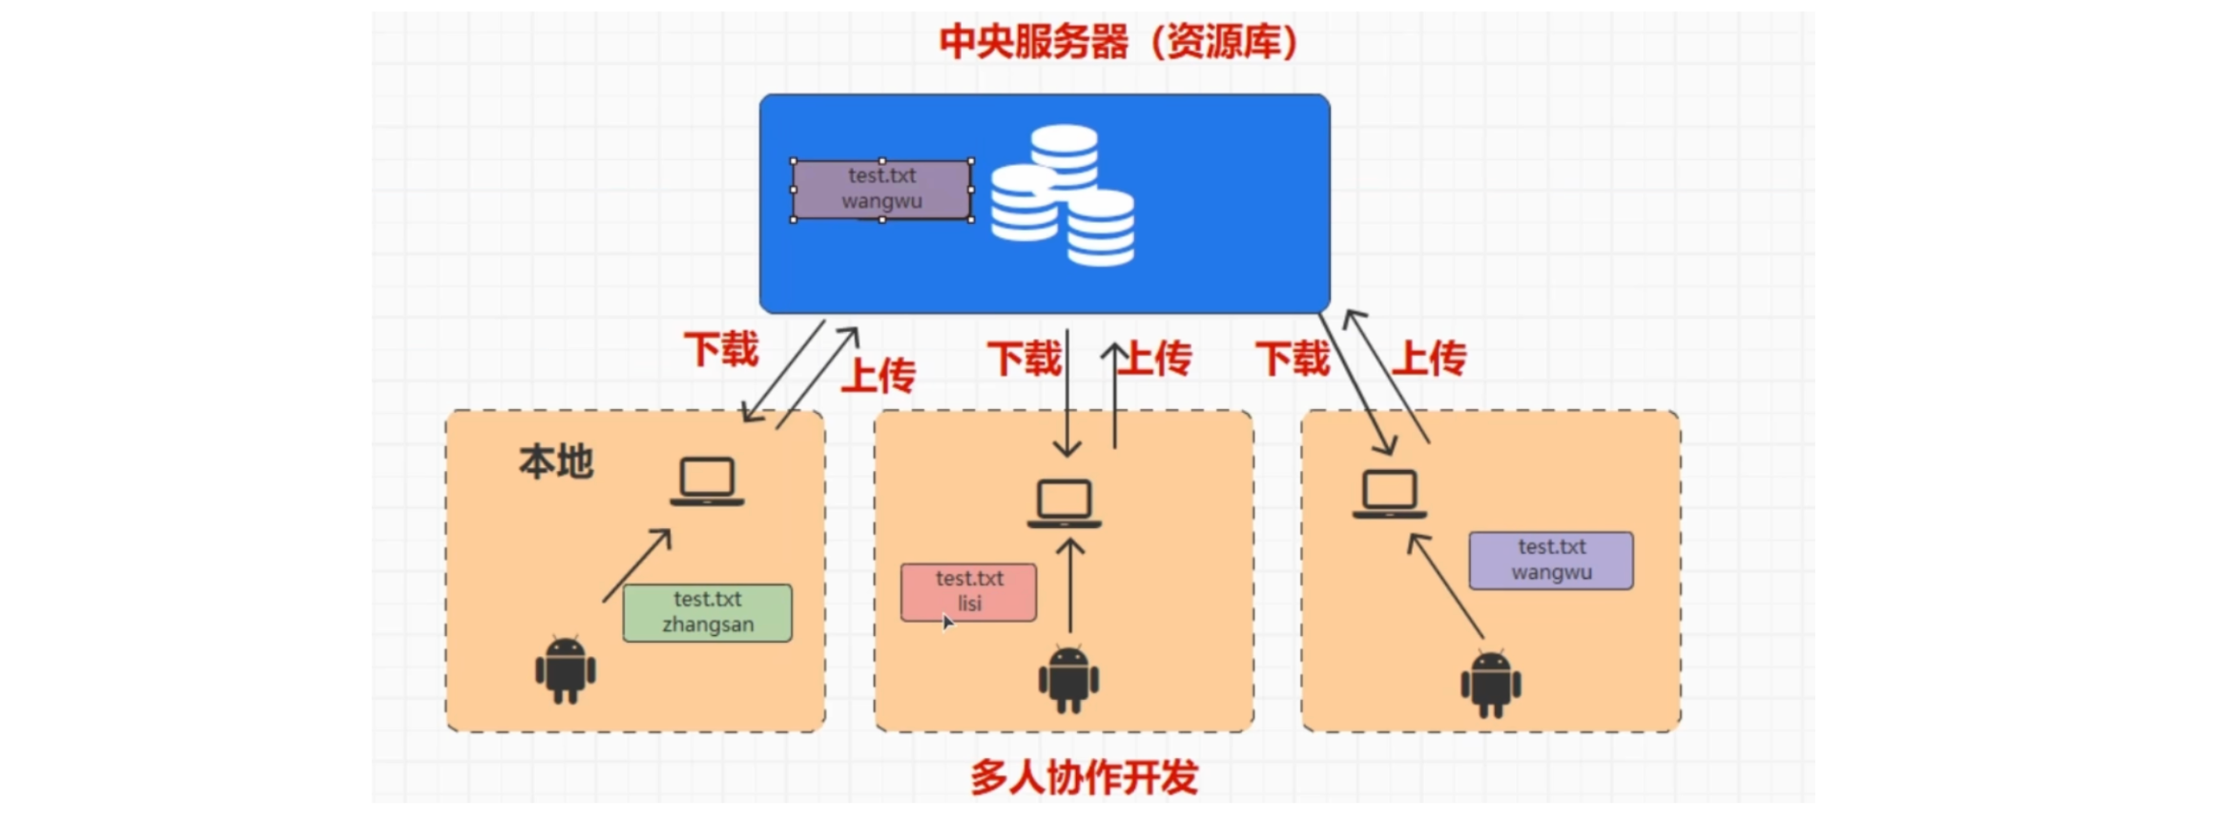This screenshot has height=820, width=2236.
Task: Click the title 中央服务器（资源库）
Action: tap(1118, 42)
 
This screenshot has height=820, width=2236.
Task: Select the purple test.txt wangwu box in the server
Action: tap(881, 190)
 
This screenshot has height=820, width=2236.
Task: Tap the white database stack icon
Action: tap(1063, 195)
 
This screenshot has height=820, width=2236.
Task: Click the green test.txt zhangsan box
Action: tap(707, 612)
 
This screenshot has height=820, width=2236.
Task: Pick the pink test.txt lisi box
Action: tap(968, 591)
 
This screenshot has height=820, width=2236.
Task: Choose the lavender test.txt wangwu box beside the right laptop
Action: tap(1550, 560)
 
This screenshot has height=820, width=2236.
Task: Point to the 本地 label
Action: tap(556, 462)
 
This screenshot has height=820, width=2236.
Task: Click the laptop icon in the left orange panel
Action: tap(707, 482)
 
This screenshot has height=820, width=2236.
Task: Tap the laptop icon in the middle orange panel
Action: tap(1064, 503)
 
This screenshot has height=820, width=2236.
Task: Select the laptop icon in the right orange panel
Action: tap(1389, 495)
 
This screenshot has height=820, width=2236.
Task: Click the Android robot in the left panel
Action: tap(566, 669)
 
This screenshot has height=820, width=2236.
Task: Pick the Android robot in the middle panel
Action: tap(1068, 679)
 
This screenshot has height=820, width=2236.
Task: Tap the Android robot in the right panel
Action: tap(1490, 683)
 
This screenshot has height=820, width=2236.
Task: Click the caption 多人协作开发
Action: tap(1084, 778)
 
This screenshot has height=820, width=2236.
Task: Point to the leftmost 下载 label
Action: tap(721, 349)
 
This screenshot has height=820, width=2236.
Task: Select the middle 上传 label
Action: tap(1155, 359)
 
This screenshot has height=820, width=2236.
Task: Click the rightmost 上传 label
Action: tap(1428, 359)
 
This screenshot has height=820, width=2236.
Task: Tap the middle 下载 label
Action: tap(1024, 359)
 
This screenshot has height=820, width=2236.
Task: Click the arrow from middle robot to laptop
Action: tap(1070, 585)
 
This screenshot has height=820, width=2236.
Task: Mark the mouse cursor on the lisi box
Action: tap(946, 622)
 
